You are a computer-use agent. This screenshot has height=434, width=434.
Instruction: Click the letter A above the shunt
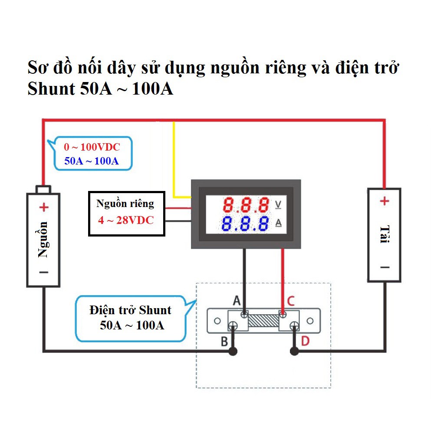[237, 300]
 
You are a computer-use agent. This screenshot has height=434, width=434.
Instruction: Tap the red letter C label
[291, 300]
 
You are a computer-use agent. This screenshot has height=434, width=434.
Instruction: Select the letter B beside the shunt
[224, 342]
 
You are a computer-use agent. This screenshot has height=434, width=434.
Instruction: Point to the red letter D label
[305, 341]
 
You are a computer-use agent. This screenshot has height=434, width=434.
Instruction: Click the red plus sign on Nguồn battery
[43, 207]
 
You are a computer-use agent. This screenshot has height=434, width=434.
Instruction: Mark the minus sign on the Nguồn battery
[43, 272]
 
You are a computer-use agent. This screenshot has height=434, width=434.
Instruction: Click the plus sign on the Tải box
[385, 201]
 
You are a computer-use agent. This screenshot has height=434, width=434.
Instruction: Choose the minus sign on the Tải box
[385, 267]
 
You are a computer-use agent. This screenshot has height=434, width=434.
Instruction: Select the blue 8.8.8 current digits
[245, 224]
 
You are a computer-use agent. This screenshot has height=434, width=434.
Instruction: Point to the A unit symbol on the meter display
[279, 223]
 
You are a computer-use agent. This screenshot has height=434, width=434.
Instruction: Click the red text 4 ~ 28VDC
[126, 220]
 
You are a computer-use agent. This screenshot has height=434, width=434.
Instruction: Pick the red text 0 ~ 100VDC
[92, 147]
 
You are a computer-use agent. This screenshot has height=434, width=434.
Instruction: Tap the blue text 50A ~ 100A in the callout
[92, 161]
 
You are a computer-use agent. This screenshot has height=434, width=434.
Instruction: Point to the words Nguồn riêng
[125, 204]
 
